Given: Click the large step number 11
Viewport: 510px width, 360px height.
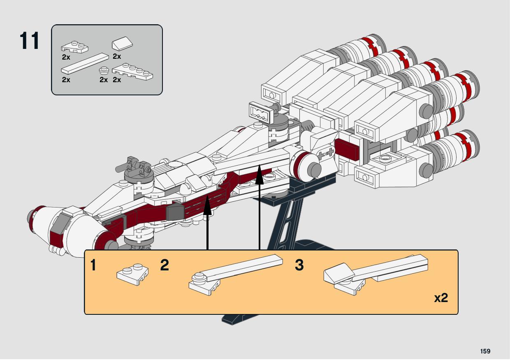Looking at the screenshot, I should [x=30, y=41].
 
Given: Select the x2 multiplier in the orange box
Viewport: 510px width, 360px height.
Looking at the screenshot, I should [x=441, y=298].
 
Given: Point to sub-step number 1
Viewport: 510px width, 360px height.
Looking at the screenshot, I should [x=93, y=265].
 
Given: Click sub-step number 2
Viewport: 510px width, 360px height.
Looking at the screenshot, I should [x=165, y=265].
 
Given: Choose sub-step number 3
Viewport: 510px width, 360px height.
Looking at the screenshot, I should [x=299, y=265].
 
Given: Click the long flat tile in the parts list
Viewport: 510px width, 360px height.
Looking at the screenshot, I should [x=85, y=62].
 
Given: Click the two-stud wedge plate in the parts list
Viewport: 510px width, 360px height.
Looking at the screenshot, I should [x=75, y=47].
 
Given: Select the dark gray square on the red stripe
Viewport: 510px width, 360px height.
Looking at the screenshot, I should [x=174, y=212].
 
